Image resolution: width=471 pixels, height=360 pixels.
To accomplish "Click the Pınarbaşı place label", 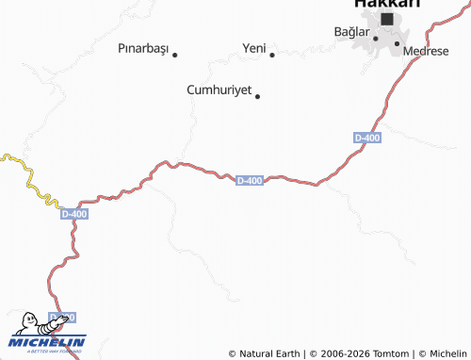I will click(x=142, y=46).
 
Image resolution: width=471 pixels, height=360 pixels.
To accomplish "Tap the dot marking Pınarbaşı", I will click(x=175, y=54).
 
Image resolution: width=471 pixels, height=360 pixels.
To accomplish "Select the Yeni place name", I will click(x=254, y=46).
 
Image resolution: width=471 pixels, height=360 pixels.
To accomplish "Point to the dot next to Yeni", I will click(x=272, y=54).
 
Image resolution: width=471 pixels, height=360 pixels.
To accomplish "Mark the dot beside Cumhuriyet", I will click(x=257, y=95).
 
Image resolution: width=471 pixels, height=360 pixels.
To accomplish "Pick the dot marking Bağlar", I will click(x=375, y=39).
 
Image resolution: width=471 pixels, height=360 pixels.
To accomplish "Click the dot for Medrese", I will click(x=397, y=43).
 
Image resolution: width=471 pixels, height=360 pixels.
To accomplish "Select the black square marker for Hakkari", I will click(x=387, y=18).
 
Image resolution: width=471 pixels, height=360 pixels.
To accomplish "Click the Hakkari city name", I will click(x=386, y=4).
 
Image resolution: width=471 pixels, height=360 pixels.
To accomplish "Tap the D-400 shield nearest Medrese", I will click(x=367, y=138).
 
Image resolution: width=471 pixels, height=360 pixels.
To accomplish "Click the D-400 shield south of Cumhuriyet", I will click(x=249, y=180).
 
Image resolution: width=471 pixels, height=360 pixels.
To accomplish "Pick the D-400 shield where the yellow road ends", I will click(x=73, y=214).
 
